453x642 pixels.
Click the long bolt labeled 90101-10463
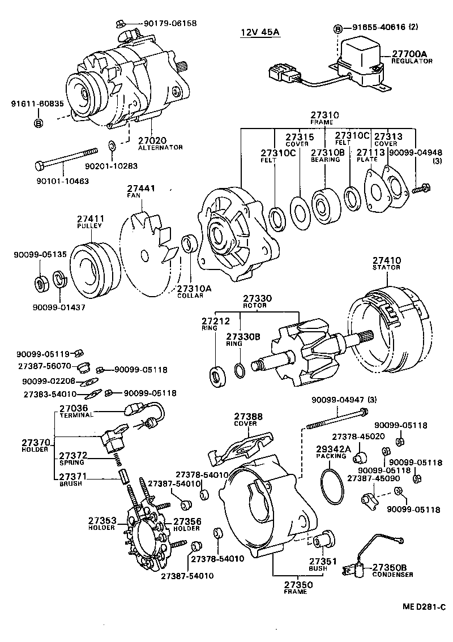[66, 157]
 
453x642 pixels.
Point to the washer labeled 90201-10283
[112, 147]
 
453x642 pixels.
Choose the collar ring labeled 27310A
[189, 245]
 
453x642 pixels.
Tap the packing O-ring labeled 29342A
[332, 487]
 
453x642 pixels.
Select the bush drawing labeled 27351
[324, 542]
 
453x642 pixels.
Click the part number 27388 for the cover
[249, 416]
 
